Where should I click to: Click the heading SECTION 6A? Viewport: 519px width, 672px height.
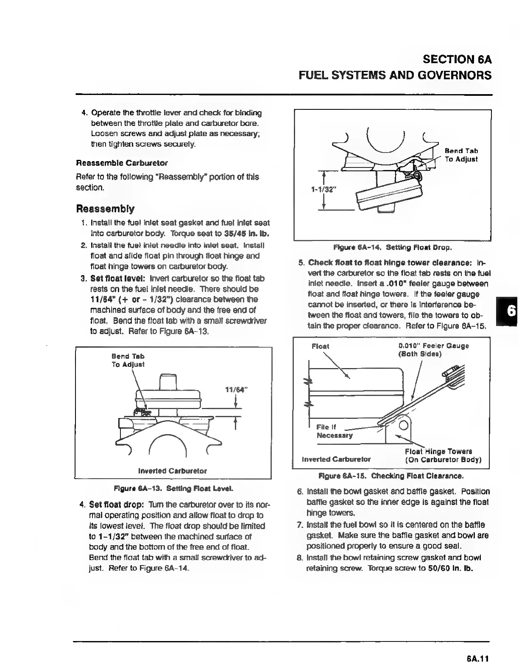[456, 59]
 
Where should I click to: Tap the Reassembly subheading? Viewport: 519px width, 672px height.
[105, 209]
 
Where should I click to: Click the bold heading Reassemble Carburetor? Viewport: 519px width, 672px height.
[122, 163]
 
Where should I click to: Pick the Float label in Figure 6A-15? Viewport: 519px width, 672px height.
[320, 346]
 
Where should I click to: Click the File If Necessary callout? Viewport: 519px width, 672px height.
[334, 431]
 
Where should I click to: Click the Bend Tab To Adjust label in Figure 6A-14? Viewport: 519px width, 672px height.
[461, 155]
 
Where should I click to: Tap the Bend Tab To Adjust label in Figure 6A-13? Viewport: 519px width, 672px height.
[128, 360]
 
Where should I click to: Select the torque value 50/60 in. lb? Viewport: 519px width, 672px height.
[451, 568]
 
